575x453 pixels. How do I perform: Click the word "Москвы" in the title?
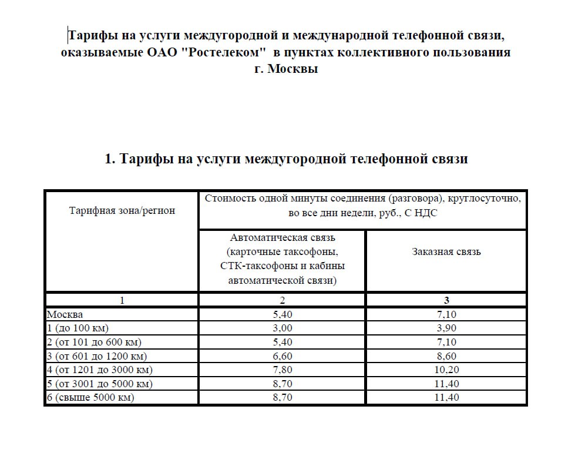click(293, 68)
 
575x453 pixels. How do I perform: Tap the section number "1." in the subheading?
click(110, 159)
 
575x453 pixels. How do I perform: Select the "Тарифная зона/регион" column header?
click(122, 210)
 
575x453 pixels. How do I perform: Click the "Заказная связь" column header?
click(446, 251)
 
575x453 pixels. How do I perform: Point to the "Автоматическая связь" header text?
click(282, 238)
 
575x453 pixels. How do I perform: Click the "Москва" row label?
click(65, 314)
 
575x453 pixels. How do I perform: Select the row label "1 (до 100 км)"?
click(78, 328)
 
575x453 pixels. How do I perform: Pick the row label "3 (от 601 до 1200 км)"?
click(97, 356)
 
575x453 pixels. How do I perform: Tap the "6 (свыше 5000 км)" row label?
click(90, 398)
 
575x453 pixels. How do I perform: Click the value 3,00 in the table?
click(282, 328)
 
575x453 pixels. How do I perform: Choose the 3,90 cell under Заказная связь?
click(446, 328)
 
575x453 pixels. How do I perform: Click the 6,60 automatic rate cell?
click(282, 356)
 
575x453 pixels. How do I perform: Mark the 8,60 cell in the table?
click(446, 356)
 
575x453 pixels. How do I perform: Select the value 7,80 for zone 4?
click(282, 370)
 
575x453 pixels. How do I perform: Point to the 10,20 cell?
click(446, 370)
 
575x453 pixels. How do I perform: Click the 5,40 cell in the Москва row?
click(282, 314)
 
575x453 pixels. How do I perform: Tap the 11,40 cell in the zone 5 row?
click(446, 384)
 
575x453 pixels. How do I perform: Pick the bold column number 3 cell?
click(446, 300)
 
